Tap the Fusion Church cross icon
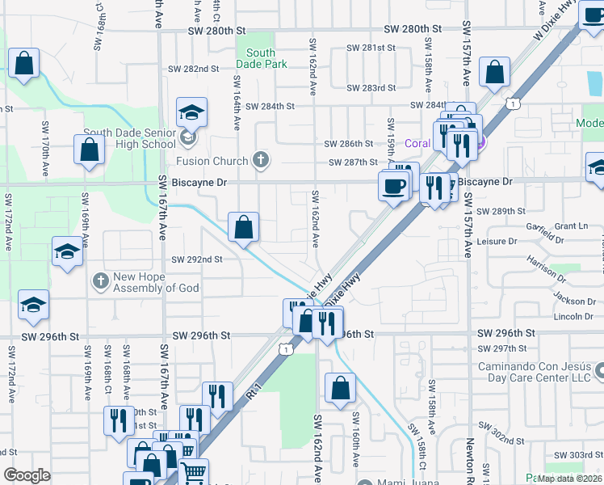(x=260, y=160)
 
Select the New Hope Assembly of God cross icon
(x=100, y=282)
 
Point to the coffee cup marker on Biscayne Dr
(x=394, y=186)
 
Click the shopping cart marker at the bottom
(x=194, y=471)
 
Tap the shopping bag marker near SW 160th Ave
(x=340, y=388)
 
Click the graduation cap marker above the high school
(x=191, y=112)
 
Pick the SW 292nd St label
(x=197, y=259)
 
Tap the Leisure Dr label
(x=497, y=241)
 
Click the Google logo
(x=27, y=475)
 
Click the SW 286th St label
(x=349, y=143)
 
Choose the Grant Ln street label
(x=571, y=226)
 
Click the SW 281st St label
(x=371, y=48)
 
